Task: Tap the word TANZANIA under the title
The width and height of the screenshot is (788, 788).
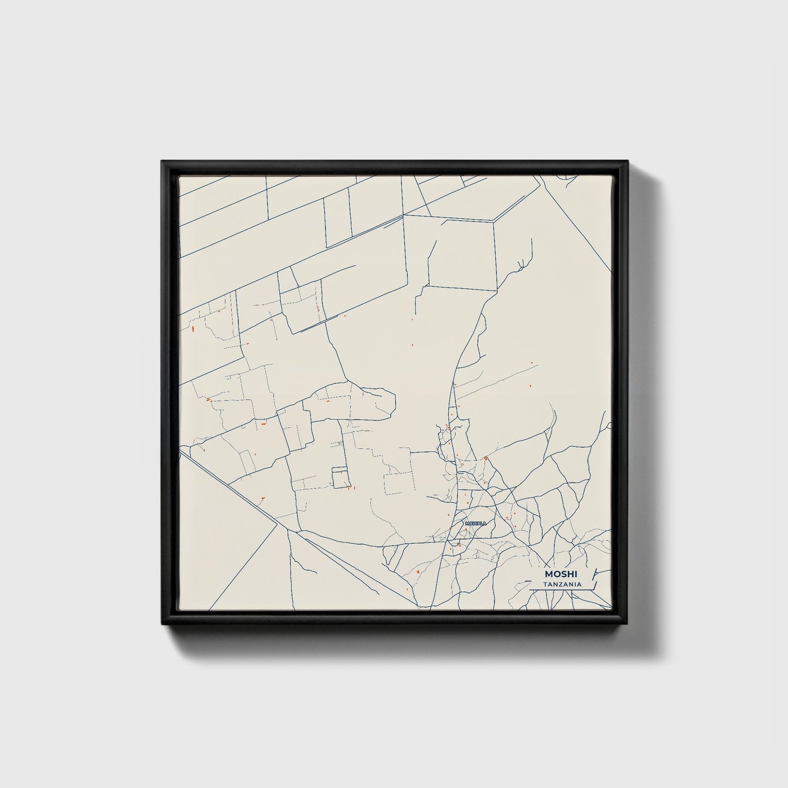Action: tap(561, 585)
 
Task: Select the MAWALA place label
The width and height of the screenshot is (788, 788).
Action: tap(475, 524)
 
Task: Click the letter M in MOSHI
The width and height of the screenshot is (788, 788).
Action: tap(548, 574)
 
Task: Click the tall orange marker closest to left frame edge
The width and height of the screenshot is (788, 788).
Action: tap(193, 329)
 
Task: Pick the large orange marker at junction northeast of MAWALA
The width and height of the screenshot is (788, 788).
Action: tap(485, 458)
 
